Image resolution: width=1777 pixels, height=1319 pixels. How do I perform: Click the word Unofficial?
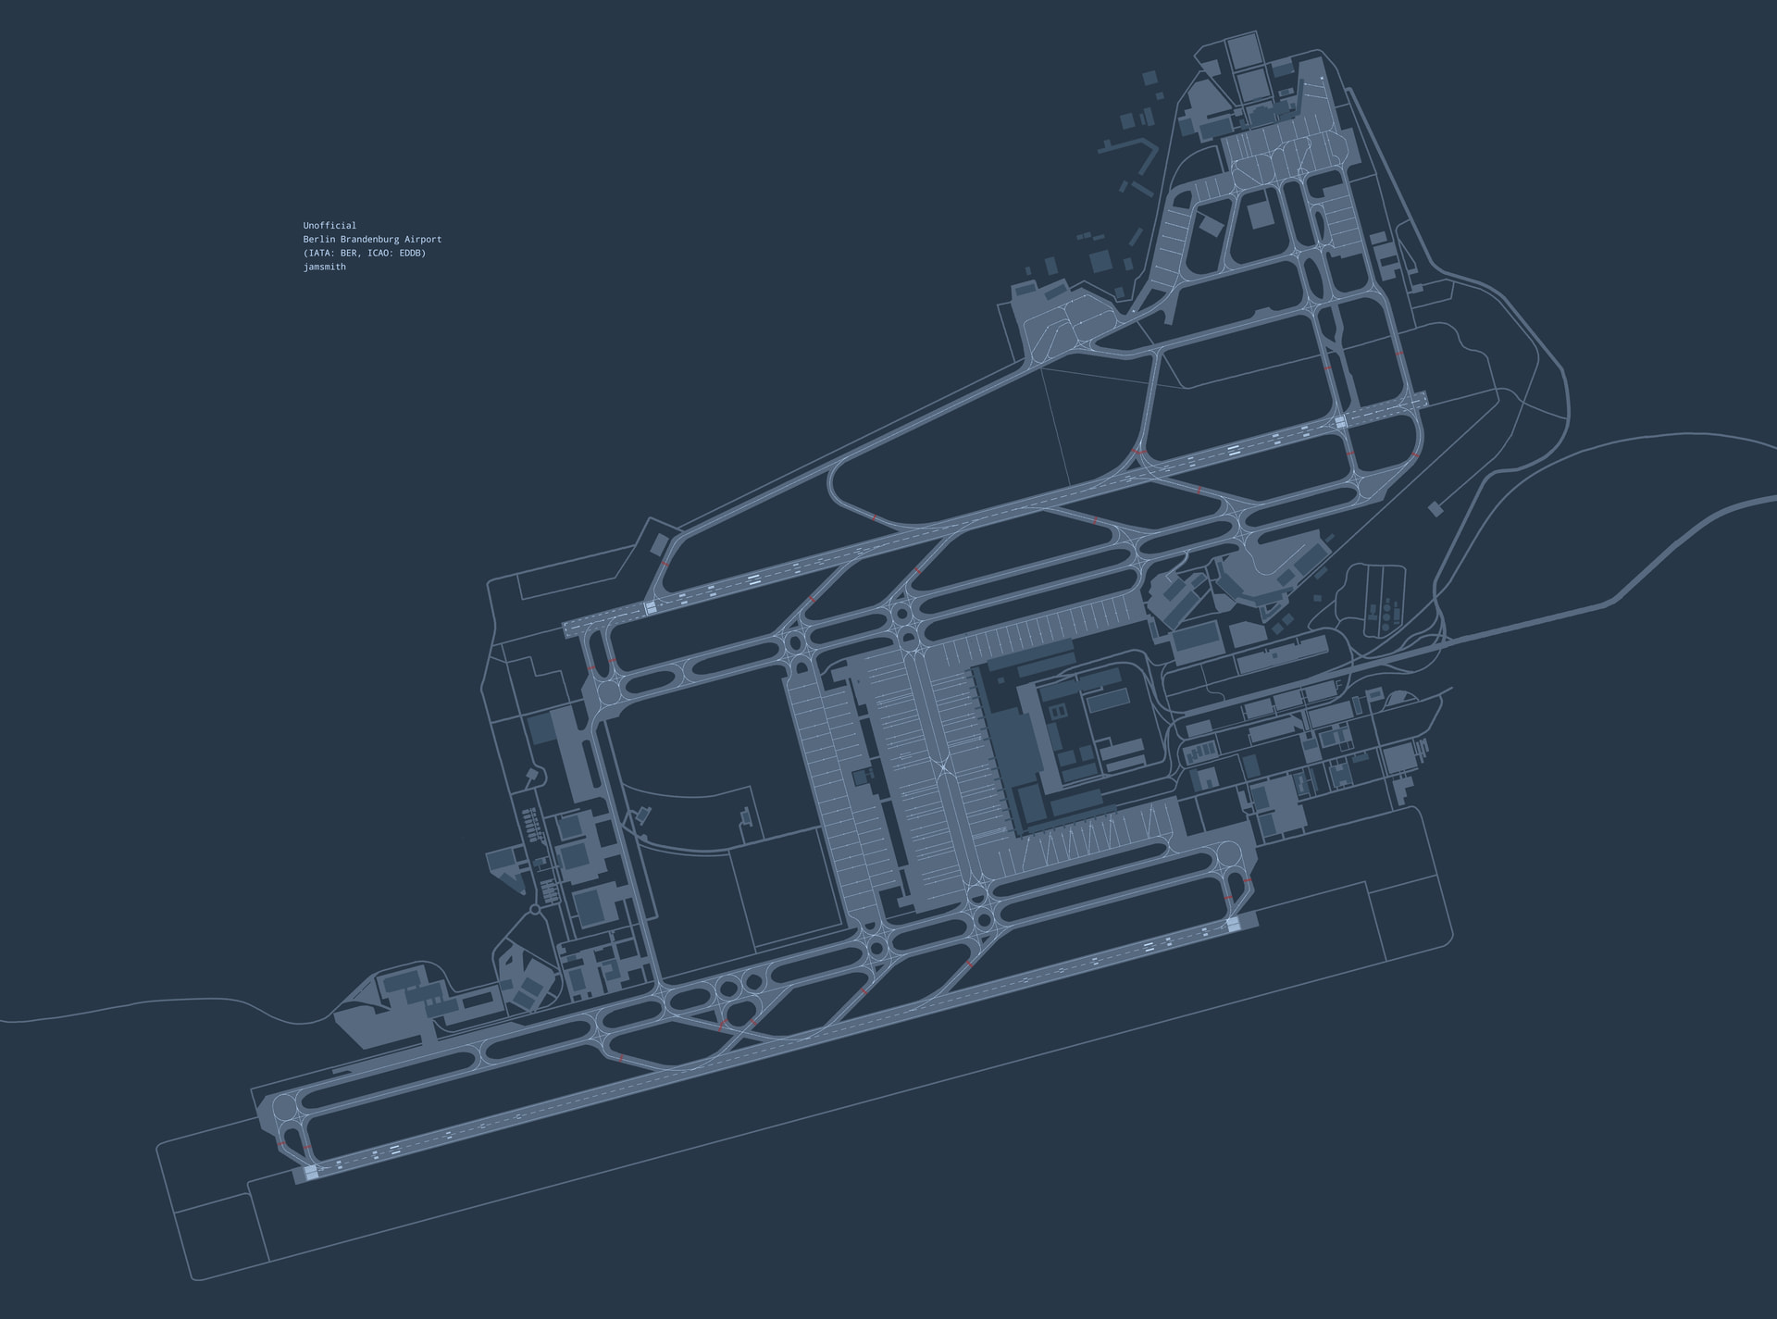(x=329, y=225)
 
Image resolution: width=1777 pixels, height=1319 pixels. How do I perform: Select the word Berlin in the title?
(x=319, y=239)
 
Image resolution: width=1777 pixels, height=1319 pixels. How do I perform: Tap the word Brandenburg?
(x=371, y=239)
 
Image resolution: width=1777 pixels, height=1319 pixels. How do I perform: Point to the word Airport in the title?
(x=424, y=239)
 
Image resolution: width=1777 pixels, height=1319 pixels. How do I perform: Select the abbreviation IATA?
(x=319, y=253)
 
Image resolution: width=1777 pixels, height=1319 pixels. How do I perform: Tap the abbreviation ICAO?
(x=379, y=253)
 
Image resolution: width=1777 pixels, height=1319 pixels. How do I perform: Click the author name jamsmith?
(x=324, y=267)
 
